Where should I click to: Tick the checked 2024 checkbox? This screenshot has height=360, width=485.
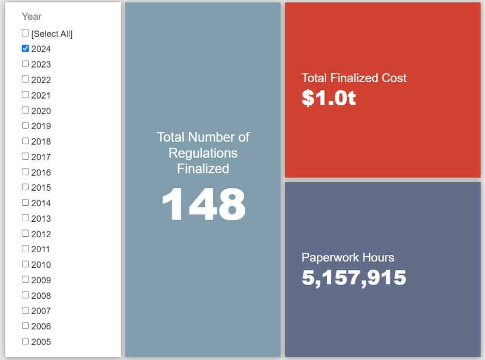point(25,49)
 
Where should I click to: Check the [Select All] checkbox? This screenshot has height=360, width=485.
point(25,33)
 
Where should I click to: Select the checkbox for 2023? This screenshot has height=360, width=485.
point(25,64)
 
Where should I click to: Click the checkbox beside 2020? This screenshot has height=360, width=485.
point(25,110)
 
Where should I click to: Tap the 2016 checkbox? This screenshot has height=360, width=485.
point(25,172)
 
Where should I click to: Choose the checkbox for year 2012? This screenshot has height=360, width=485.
point(25,233)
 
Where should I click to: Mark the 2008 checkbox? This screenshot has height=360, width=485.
point(25,295)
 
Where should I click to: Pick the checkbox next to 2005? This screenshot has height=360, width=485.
point(25,341)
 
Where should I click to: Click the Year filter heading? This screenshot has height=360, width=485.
point(32,16)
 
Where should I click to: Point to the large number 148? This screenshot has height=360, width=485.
point(203,205)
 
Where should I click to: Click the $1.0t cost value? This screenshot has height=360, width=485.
point(329,98)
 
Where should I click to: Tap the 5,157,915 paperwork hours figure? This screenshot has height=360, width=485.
point(354,278)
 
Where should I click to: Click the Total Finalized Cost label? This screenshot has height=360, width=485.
point(354,78)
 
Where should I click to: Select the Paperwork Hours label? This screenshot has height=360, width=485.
point(348,257)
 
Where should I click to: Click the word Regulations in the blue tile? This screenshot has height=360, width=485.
point(203,153)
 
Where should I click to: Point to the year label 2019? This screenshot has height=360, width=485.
point(41,126)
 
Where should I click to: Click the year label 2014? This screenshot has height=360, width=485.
point(41,203)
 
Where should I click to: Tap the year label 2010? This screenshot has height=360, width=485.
point(41,265)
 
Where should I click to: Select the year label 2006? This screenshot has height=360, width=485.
point(41,327)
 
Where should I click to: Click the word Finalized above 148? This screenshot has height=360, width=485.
point(203,168)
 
